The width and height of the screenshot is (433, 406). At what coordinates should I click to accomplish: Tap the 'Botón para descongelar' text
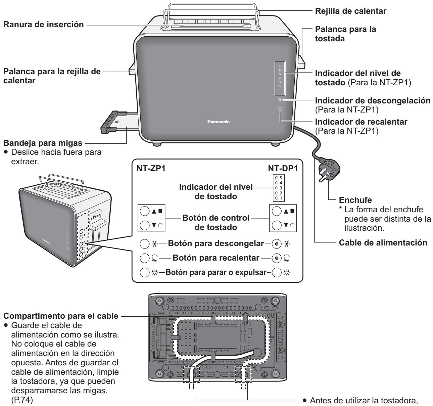(x=215, y=243)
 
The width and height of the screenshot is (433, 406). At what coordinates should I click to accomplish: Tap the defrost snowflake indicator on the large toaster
(x=280, y=100)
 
